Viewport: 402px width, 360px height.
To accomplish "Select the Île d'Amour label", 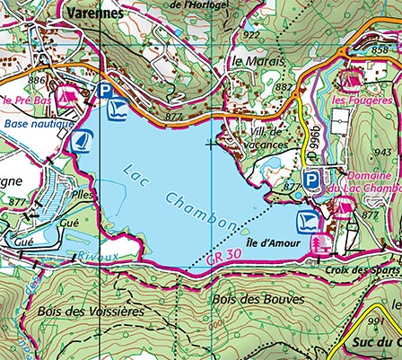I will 270,242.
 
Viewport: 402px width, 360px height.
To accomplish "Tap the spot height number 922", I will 251,35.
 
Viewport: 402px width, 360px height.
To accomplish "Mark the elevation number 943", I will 384,152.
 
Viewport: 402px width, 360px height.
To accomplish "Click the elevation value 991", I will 375,320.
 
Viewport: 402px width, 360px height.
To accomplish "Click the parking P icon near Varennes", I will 106,90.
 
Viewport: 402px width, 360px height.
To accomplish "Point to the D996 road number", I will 314,145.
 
